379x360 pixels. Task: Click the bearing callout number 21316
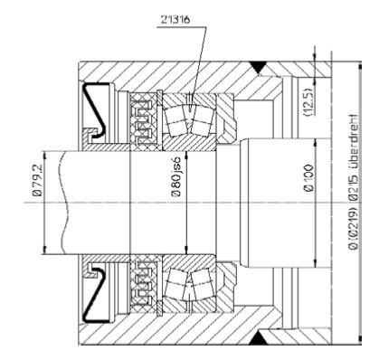(x=175, y=20)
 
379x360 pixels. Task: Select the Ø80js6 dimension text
(x=176, y=177)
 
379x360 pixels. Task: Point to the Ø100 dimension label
(x=309, y=178)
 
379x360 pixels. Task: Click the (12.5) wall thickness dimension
(x=308, y=102)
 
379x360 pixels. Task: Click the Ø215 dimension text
(x=353, y=183)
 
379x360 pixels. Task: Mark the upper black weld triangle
(x=258, y=67)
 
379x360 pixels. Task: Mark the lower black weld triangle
(x=258, y=338)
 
